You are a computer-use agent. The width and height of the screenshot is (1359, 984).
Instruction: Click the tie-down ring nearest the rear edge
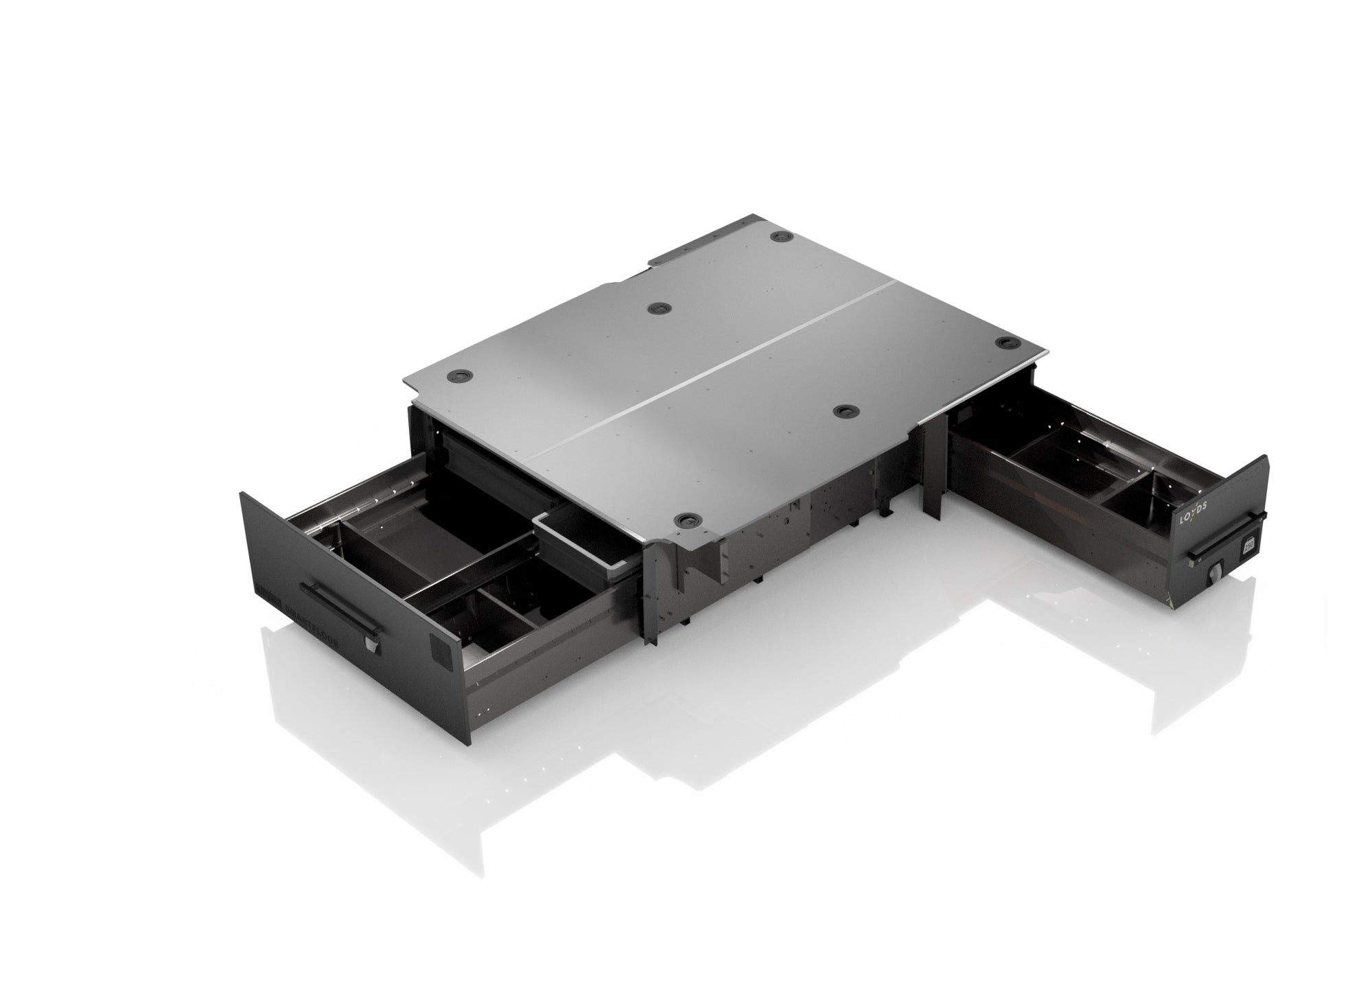780,236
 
